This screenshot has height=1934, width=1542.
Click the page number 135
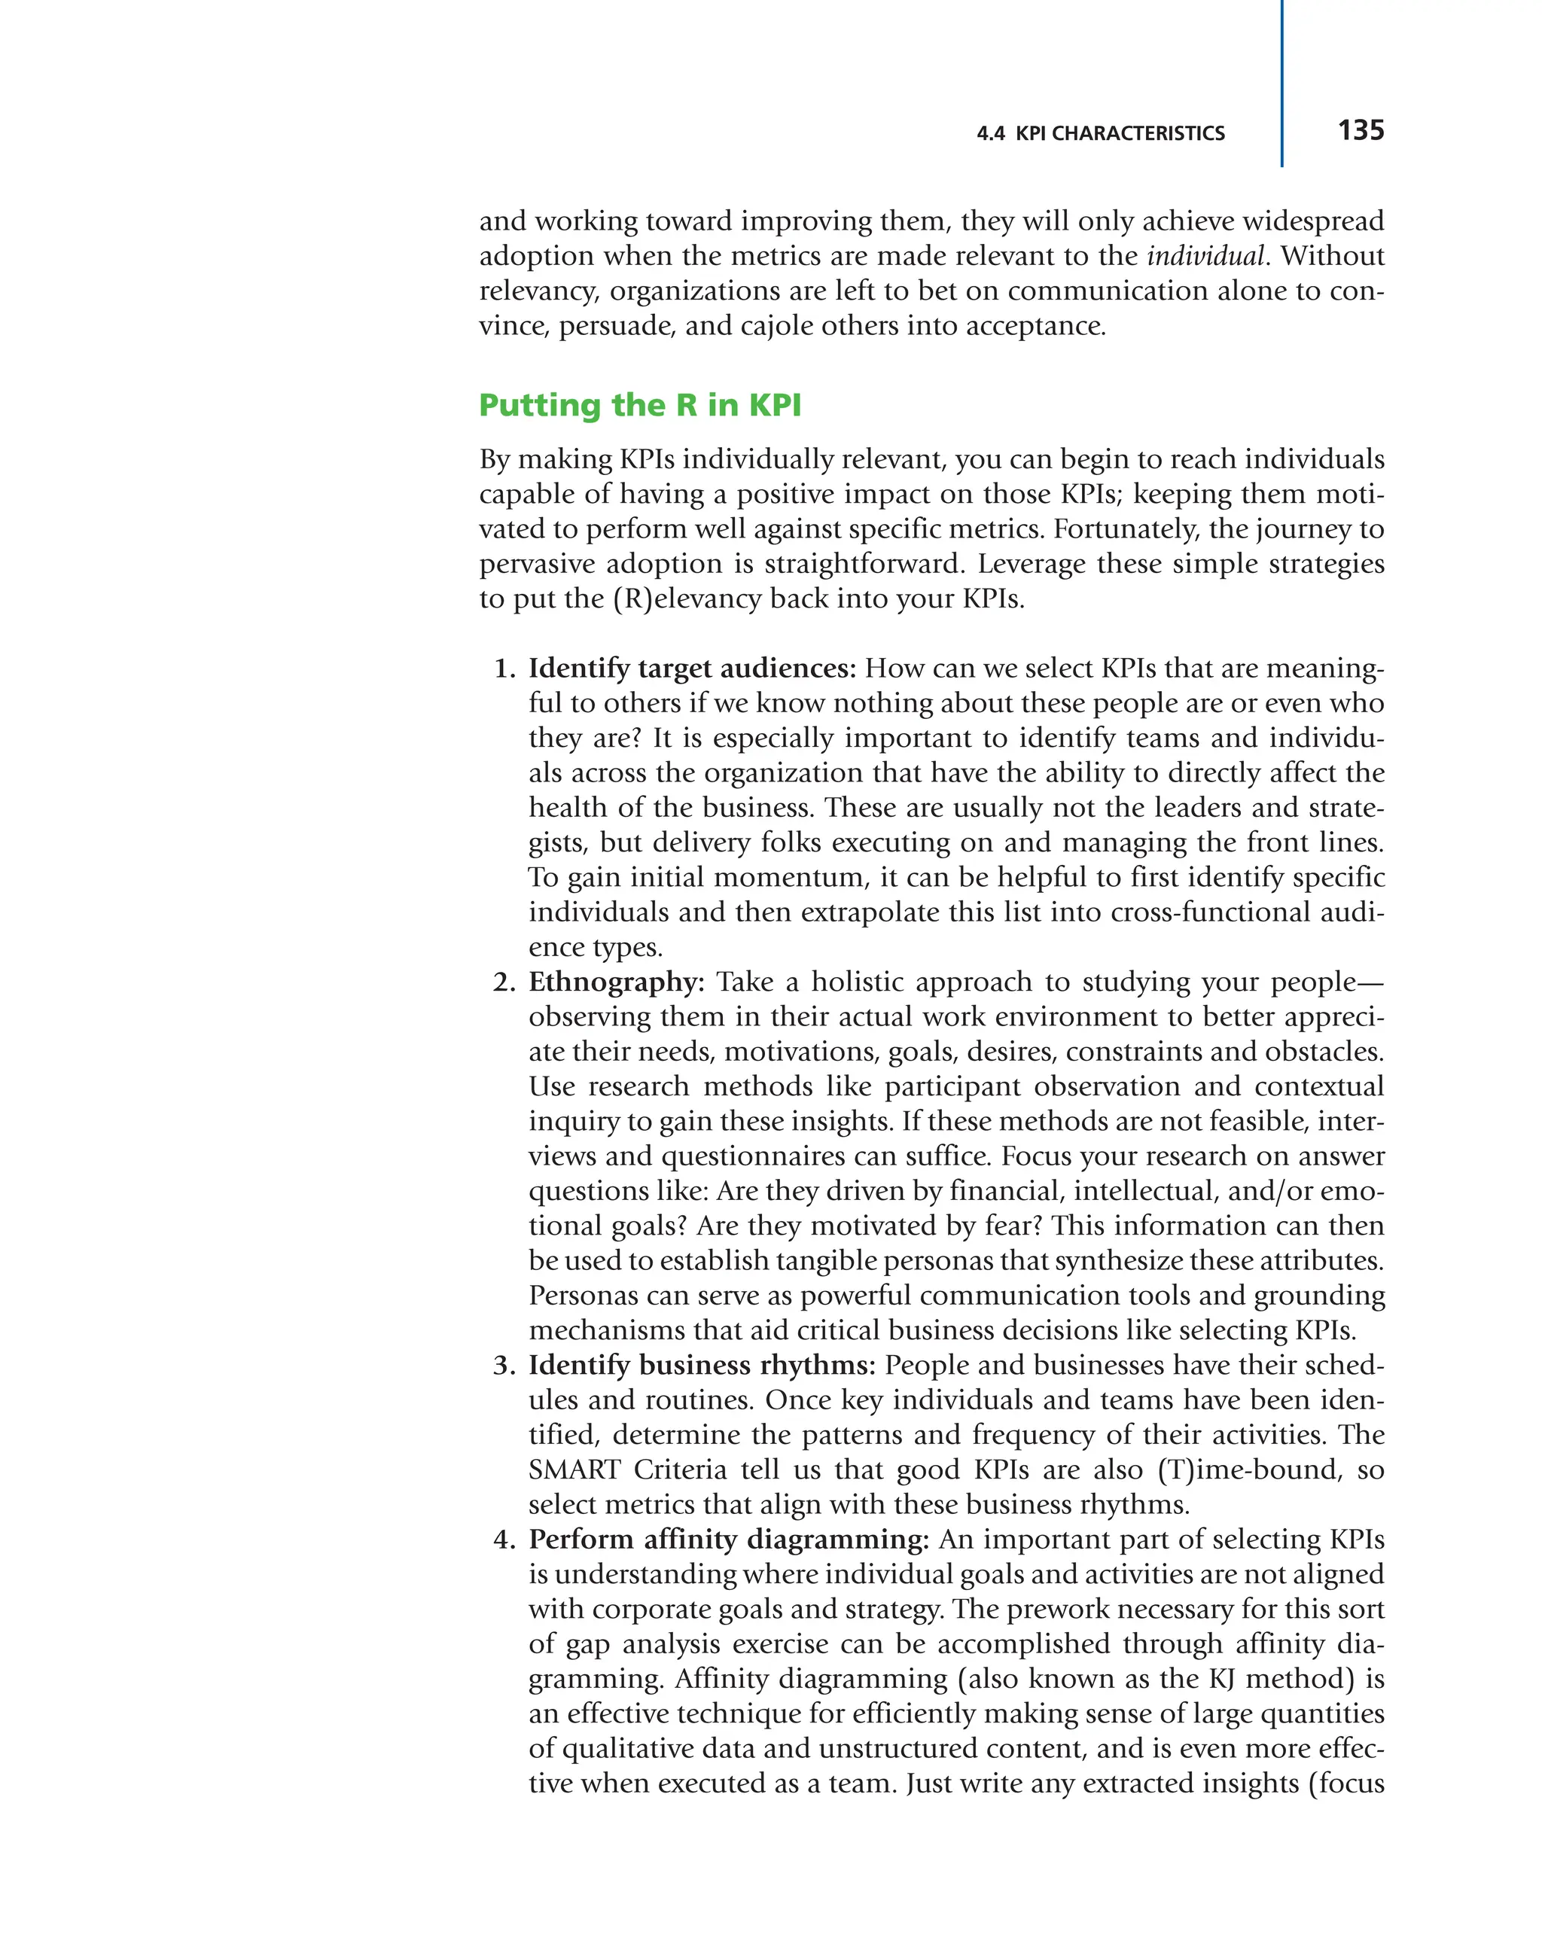(1360, 130)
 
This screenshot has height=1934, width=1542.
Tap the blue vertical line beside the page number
(1281, 85)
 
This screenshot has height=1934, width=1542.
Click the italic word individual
(1205, 256)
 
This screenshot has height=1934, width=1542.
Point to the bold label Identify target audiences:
(692, 669)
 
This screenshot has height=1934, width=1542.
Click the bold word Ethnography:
(616, 982)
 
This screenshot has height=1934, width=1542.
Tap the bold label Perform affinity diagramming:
(727, 1539)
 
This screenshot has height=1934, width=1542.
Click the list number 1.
(504, 669)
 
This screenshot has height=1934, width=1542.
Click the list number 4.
(504, 1539)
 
